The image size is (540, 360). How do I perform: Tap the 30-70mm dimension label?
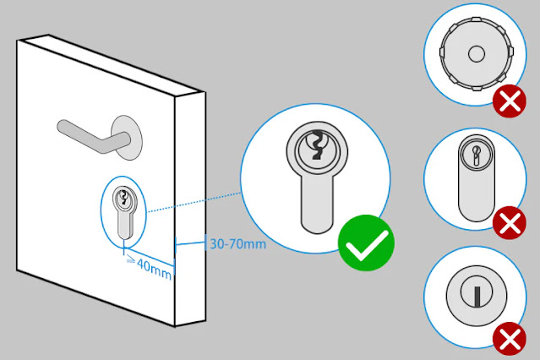237,244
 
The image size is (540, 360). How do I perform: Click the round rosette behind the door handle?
128,136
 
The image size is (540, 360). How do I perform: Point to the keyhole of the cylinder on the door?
125,199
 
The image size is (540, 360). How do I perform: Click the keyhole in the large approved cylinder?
316,145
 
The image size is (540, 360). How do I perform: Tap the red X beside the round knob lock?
509,104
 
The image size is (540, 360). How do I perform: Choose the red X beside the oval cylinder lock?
509,224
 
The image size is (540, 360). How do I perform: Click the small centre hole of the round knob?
475,52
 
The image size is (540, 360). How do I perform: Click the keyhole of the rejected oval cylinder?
473,156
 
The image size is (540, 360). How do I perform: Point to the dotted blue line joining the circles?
195,203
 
